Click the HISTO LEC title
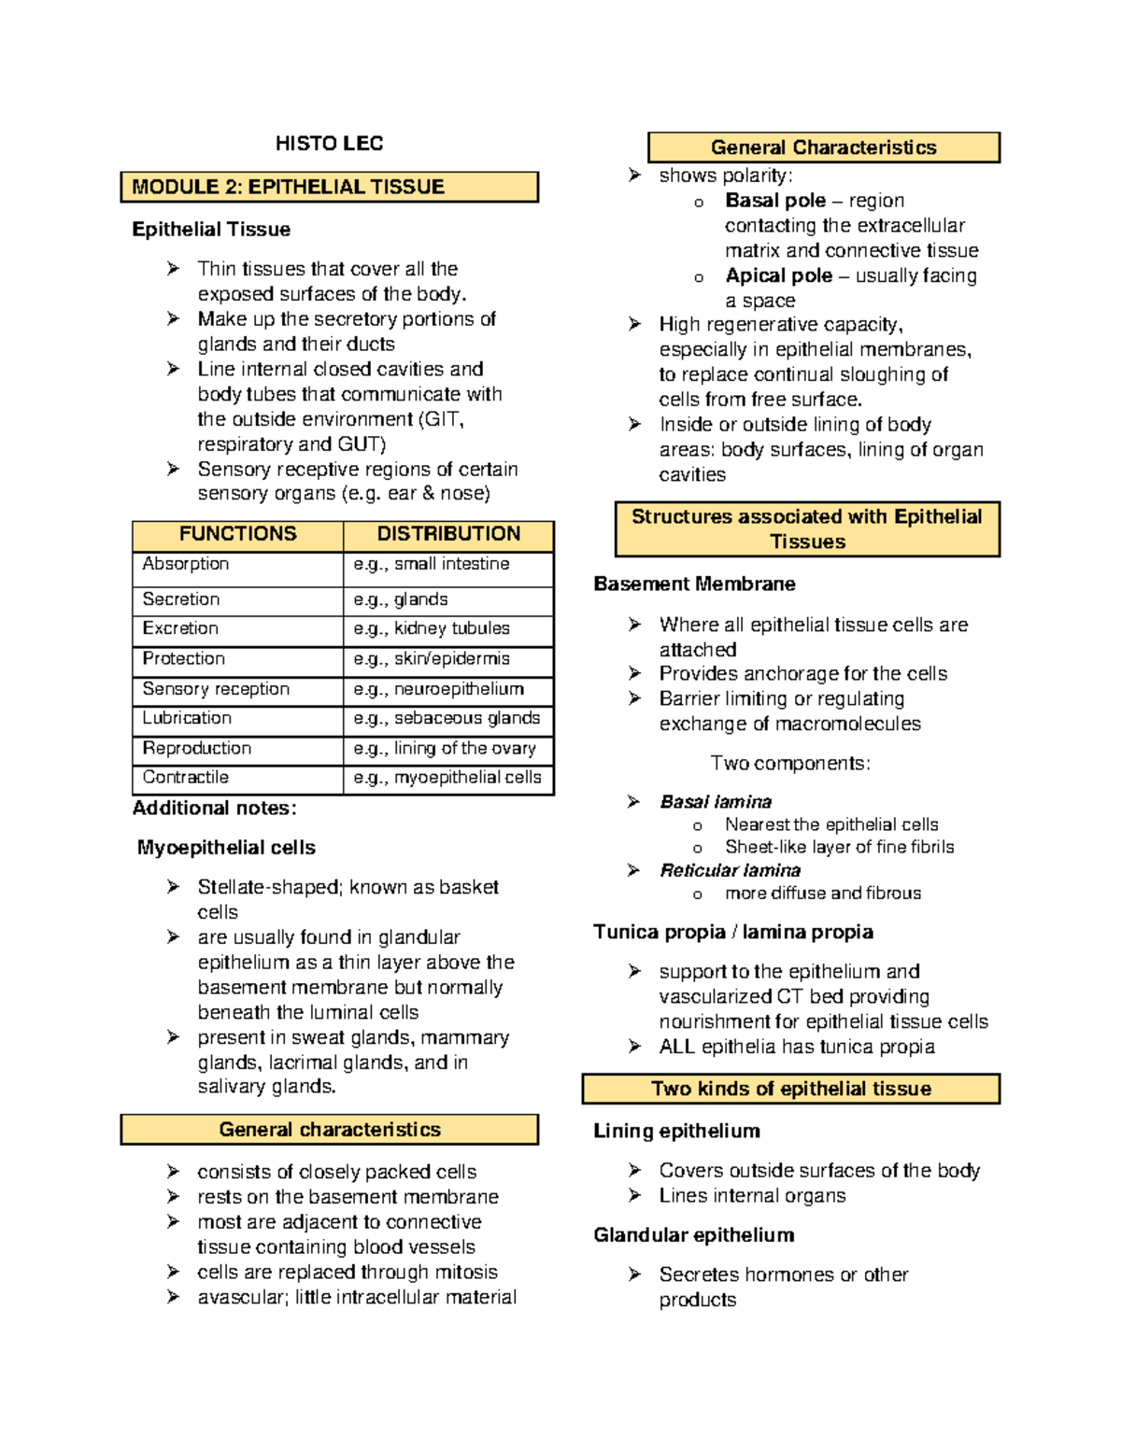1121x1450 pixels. [x=329, y=143]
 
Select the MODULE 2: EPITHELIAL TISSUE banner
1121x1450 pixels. [x=329, y=187]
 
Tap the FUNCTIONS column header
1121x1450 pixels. [x=237, y=534]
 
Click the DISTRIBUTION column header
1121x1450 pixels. [x=448, y=534]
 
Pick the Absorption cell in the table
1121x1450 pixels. [x=186, y=564]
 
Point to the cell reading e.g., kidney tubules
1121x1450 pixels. [x=432, y=628]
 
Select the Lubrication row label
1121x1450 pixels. [x=187, y=718]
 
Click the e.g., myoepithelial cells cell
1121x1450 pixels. [x=447, y=778]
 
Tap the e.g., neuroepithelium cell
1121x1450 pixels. [x=439, y=689]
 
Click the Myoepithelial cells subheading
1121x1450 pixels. [x=226, y=848]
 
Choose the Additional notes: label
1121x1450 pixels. [x=214, y=809]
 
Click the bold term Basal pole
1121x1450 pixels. [x=774, y=201]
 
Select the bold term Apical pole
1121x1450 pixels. [x=778, y=275]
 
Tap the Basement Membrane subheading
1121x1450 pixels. [x=694, y=584]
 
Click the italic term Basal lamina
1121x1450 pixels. [x=716, y=802]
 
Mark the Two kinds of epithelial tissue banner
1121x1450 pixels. [x=790, y=1089]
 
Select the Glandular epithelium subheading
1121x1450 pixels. [x=694, y=1235]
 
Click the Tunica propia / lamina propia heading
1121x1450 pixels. [x=733, y=932]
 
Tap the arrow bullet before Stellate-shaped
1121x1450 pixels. [x=173, y=887]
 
